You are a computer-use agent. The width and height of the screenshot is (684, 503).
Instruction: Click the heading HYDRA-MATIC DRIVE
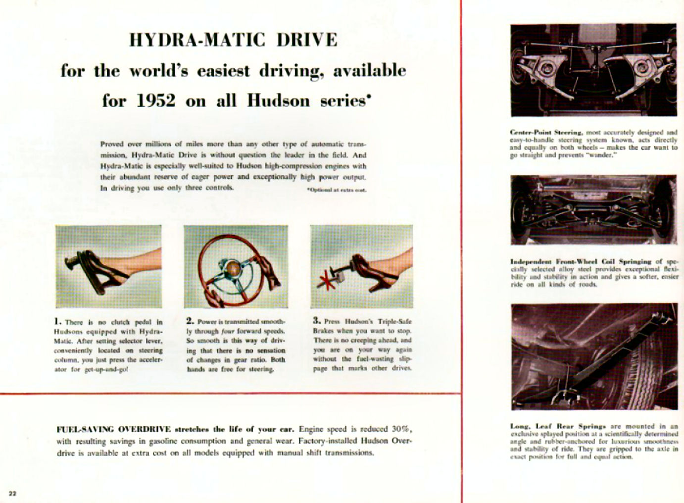[x=233, y=40]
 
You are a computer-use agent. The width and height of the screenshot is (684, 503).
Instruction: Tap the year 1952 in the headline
[x=156, y=101]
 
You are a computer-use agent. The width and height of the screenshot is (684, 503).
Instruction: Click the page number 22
[x=12, y=493]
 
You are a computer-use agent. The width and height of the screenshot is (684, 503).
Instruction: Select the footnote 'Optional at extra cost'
[x=336, y=190]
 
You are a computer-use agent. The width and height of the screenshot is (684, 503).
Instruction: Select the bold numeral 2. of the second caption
[x=190, y=321]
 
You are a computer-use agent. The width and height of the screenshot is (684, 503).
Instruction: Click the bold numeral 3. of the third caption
[x=317, y=320]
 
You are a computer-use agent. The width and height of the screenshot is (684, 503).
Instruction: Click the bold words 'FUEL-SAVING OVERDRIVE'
[x=114, y=429]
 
